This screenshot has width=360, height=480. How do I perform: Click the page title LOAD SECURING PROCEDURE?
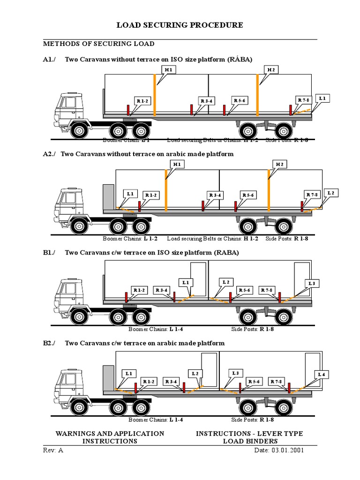coord(180,25)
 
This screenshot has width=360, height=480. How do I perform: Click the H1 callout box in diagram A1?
coord(168,69)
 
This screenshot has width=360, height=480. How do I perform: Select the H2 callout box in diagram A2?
coord(280,164)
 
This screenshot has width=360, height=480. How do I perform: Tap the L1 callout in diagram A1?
coord(322,98)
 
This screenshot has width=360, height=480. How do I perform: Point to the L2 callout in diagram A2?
coord(331,193)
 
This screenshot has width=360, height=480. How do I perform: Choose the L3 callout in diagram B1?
coord(313,284)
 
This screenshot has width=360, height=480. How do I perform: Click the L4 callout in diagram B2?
coord(322,374)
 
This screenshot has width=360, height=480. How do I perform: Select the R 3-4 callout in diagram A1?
coord(207,101)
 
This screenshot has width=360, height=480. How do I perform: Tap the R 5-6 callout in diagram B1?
coord(244,290)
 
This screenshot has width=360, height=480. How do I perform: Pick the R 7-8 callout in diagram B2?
coord(277,382)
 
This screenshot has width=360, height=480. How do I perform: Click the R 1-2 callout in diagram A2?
coord(150,195)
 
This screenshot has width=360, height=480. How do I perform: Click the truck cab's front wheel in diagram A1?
coord(79,130)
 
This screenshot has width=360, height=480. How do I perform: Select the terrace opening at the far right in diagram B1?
coord(302,279)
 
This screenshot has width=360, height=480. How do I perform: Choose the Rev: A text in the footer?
coord(53,450)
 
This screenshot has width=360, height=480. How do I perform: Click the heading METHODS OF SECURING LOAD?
coord(98,44)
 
